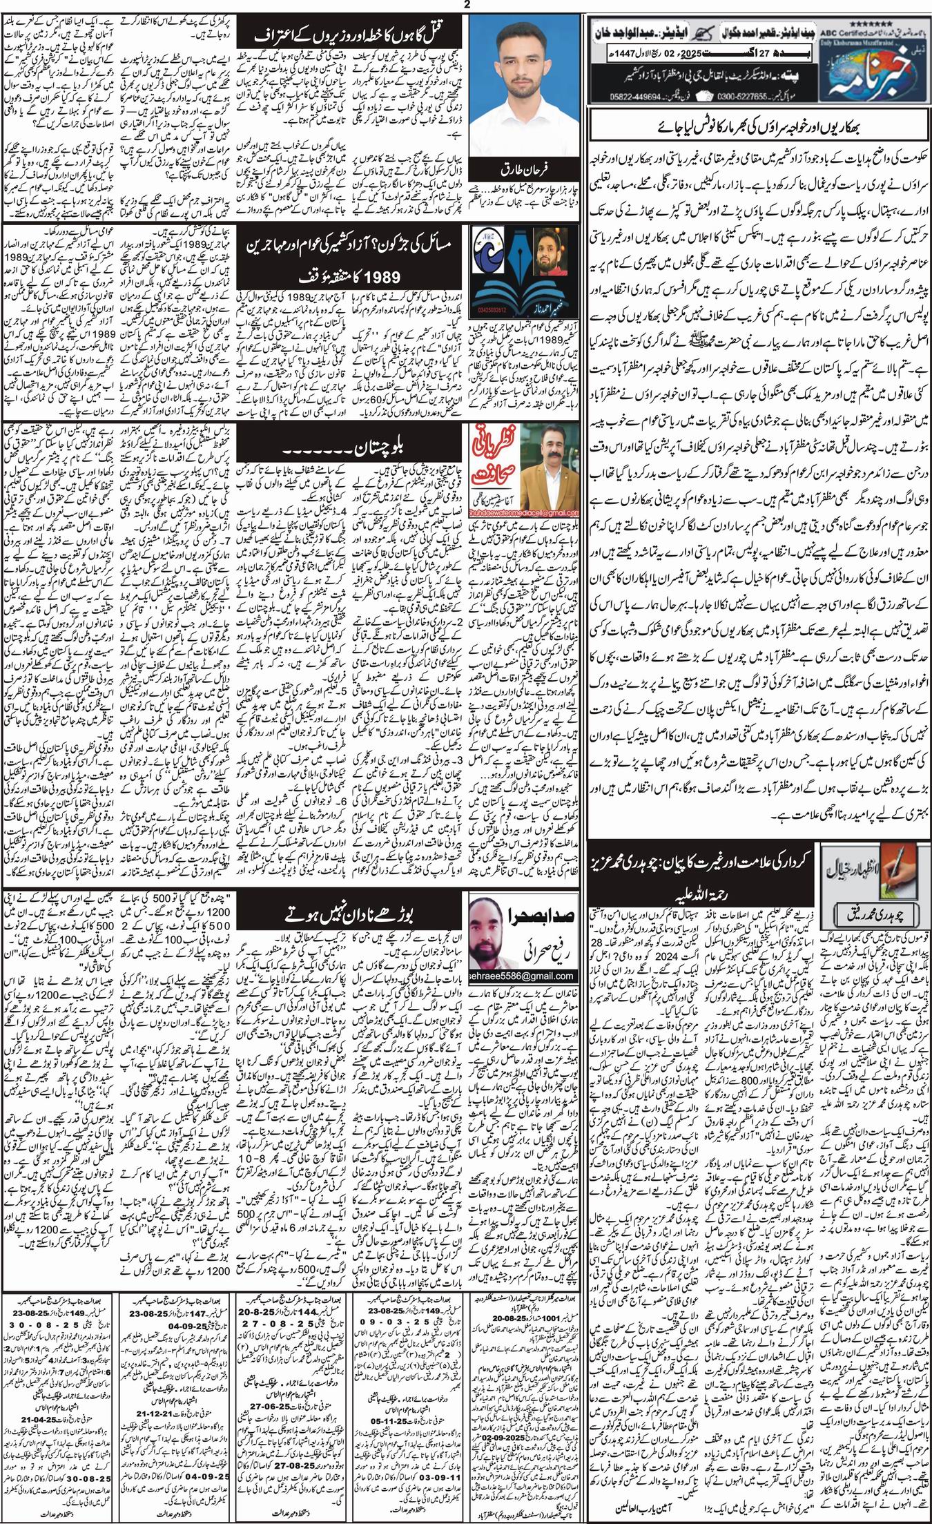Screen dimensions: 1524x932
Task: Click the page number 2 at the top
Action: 466,6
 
